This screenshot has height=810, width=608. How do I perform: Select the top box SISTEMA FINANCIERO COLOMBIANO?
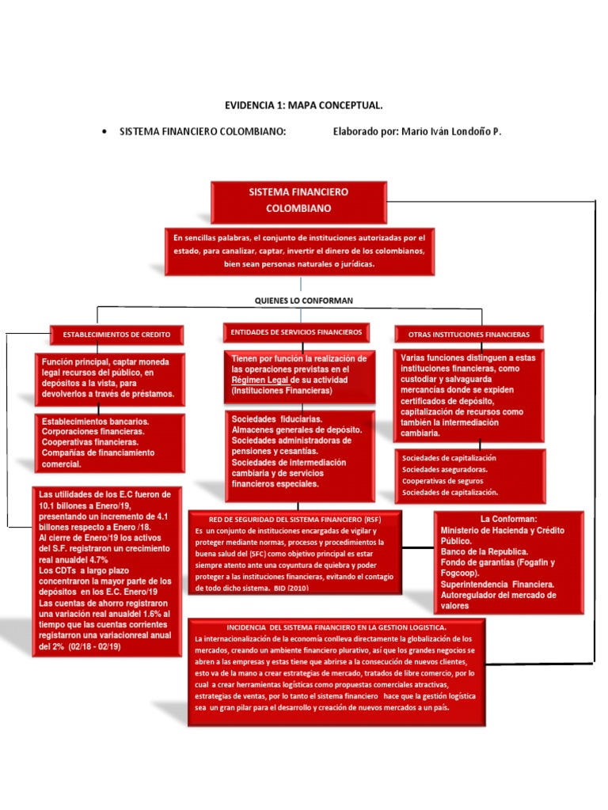pyautogui.click(x=298, y=201)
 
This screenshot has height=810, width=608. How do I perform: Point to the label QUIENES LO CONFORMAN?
pyautogui.click(x=303, y=301)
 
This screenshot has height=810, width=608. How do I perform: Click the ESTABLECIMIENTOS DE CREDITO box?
pyautogui.click(x=116, y=335)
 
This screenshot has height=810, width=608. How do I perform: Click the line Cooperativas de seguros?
pyautogui.click(x=444, y=481)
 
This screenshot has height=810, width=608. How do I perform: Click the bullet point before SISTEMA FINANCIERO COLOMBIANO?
pyautogui.click(x=105, y=132)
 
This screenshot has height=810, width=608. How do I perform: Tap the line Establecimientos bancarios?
pyautogui.click(x=96, y=422)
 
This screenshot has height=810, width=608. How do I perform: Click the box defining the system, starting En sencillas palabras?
pyautogui.click(x=300, y=250)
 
